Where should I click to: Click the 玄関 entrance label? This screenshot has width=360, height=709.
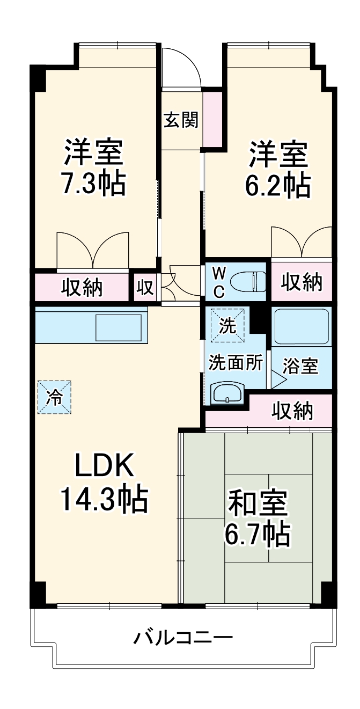pyautogui.click(x=181, y=120)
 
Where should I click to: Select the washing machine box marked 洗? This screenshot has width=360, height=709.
pyautogui.click(x=228, y=325)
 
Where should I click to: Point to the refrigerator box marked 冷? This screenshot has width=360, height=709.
pyautogui.click(x=54, y=397)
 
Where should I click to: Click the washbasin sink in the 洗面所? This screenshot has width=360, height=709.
pyautogui.click(x=229, y=394)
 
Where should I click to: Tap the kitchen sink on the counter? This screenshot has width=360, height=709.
pyautogui.click(x=118, y=327)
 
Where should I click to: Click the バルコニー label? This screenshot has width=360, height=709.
pyautogui.click(x=183, y=638)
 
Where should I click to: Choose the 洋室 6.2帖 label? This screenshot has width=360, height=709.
pyautogui.click(x=277, y=170)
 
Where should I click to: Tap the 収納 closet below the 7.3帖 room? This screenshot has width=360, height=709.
pyautogui.click(x=82, y=288)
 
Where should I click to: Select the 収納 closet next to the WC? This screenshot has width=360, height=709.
pyautogui.click(x=302, y=282)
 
